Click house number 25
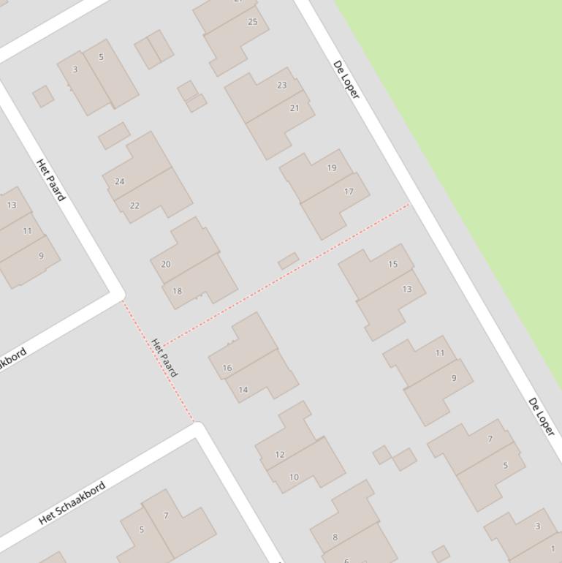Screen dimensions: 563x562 [253, 22]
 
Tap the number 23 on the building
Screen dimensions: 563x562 [282, 85]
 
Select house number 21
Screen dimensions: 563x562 [295, 108]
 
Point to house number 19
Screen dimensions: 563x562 [332, 168]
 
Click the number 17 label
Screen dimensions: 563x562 [349, 192]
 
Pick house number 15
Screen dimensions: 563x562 [393, 265]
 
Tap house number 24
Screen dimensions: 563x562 [120, 181]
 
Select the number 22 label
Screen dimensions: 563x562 [134, 205]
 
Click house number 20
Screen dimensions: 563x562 [165, 265]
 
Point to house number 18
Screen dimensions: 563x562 [177, 291]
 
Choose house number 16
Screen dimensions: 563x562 [227, 368]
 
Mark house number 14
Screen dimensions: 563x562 [243, 390]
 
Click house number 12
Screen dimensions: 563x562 [279, 455]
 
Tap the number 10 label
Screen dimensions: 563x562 [294, 477]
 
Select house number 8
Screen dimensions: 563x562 [335, 537]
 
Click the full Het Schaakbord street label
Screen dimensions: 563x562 [72, 502]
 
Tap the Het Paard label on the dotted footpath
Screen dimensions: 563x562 [164, 358]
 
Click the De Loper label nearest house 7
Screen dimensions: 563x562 [542, 417]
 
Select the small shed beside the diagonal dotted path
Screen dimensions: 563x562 [288, 261]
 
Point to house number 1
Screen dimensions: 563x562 [552, 548]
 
